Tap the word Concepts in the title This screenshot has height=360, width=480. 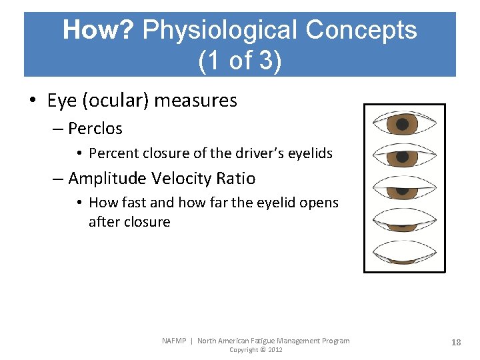(x=361, y=30)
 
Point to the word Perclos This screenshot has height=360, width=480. (x=95, y=128)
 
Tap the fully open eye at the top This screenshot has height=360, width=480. (x=403, y=124)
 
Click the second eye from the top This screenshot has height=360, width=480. (x=403, y=156)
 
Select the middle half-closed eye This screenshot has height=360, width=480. (x=403, y=189)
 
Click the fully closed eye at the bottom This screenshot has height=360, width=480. (x=403, y=252)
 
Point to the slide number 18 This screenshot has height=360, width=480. (x=456, y=342)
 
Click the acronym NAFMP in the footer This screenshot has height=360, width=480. (x=175, y=341)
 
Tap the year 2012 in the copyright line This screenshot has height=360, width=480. (x=275, y=350)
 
